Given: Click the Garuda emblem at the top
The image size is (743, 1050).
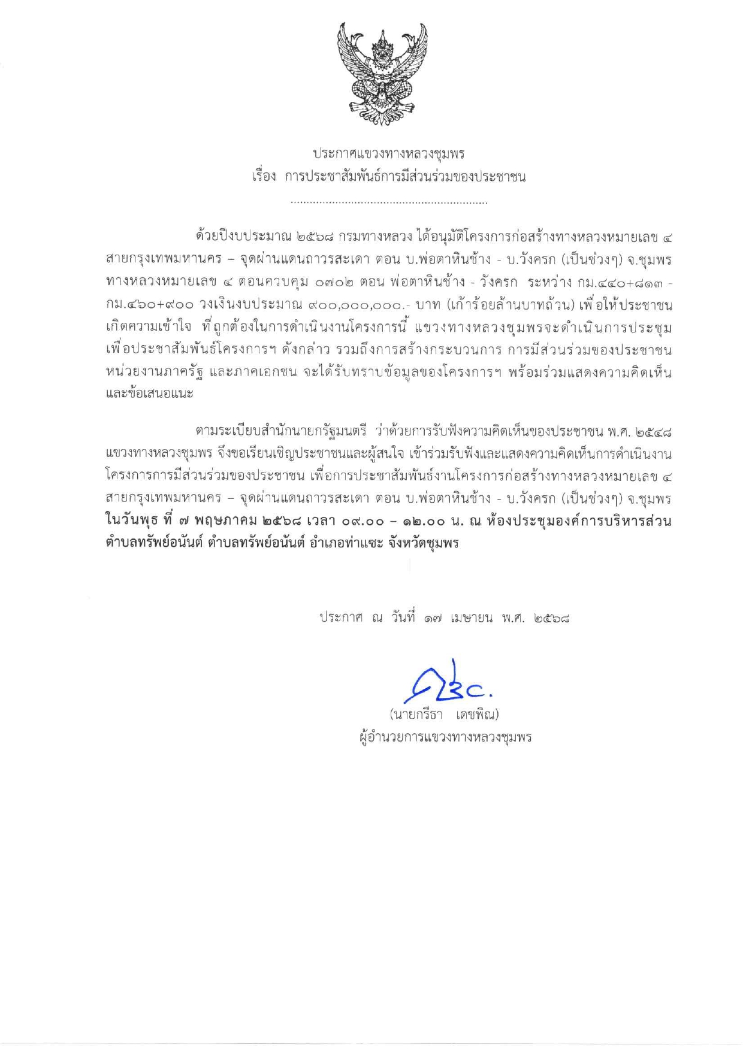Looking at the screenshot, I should click(382, 74).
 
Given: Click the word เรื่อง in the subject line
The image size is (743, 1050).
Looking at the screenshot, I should click(264, 177).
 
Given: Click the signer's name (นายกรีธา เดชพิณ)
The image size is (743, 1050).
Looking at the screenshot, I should click(444, 715).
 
